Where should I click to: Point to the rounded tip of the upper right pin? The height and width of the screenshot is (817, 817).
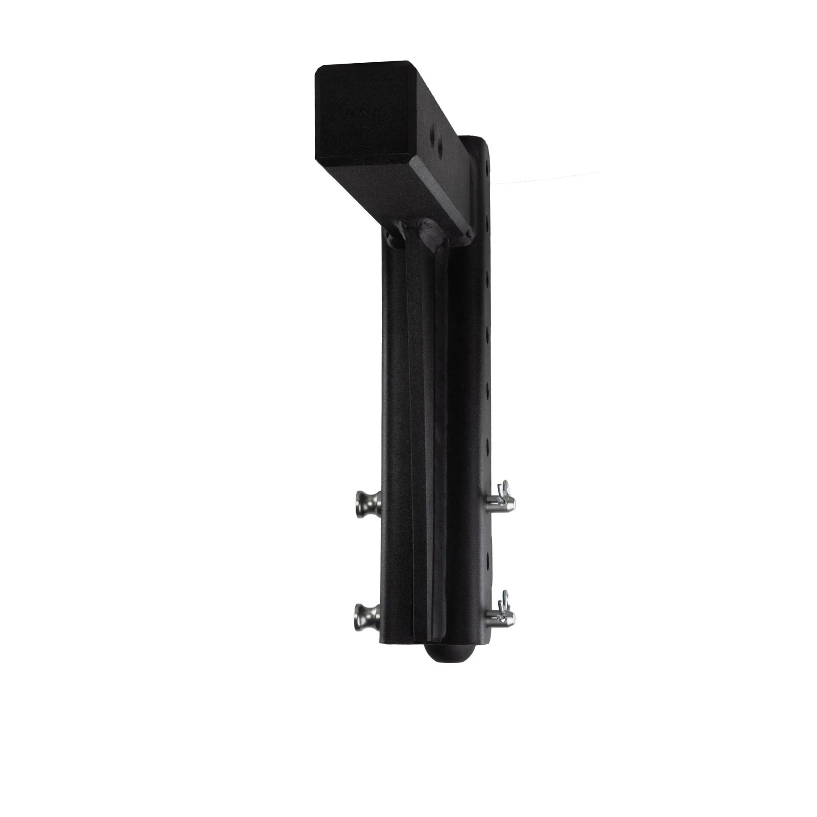tap(512, 505)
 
